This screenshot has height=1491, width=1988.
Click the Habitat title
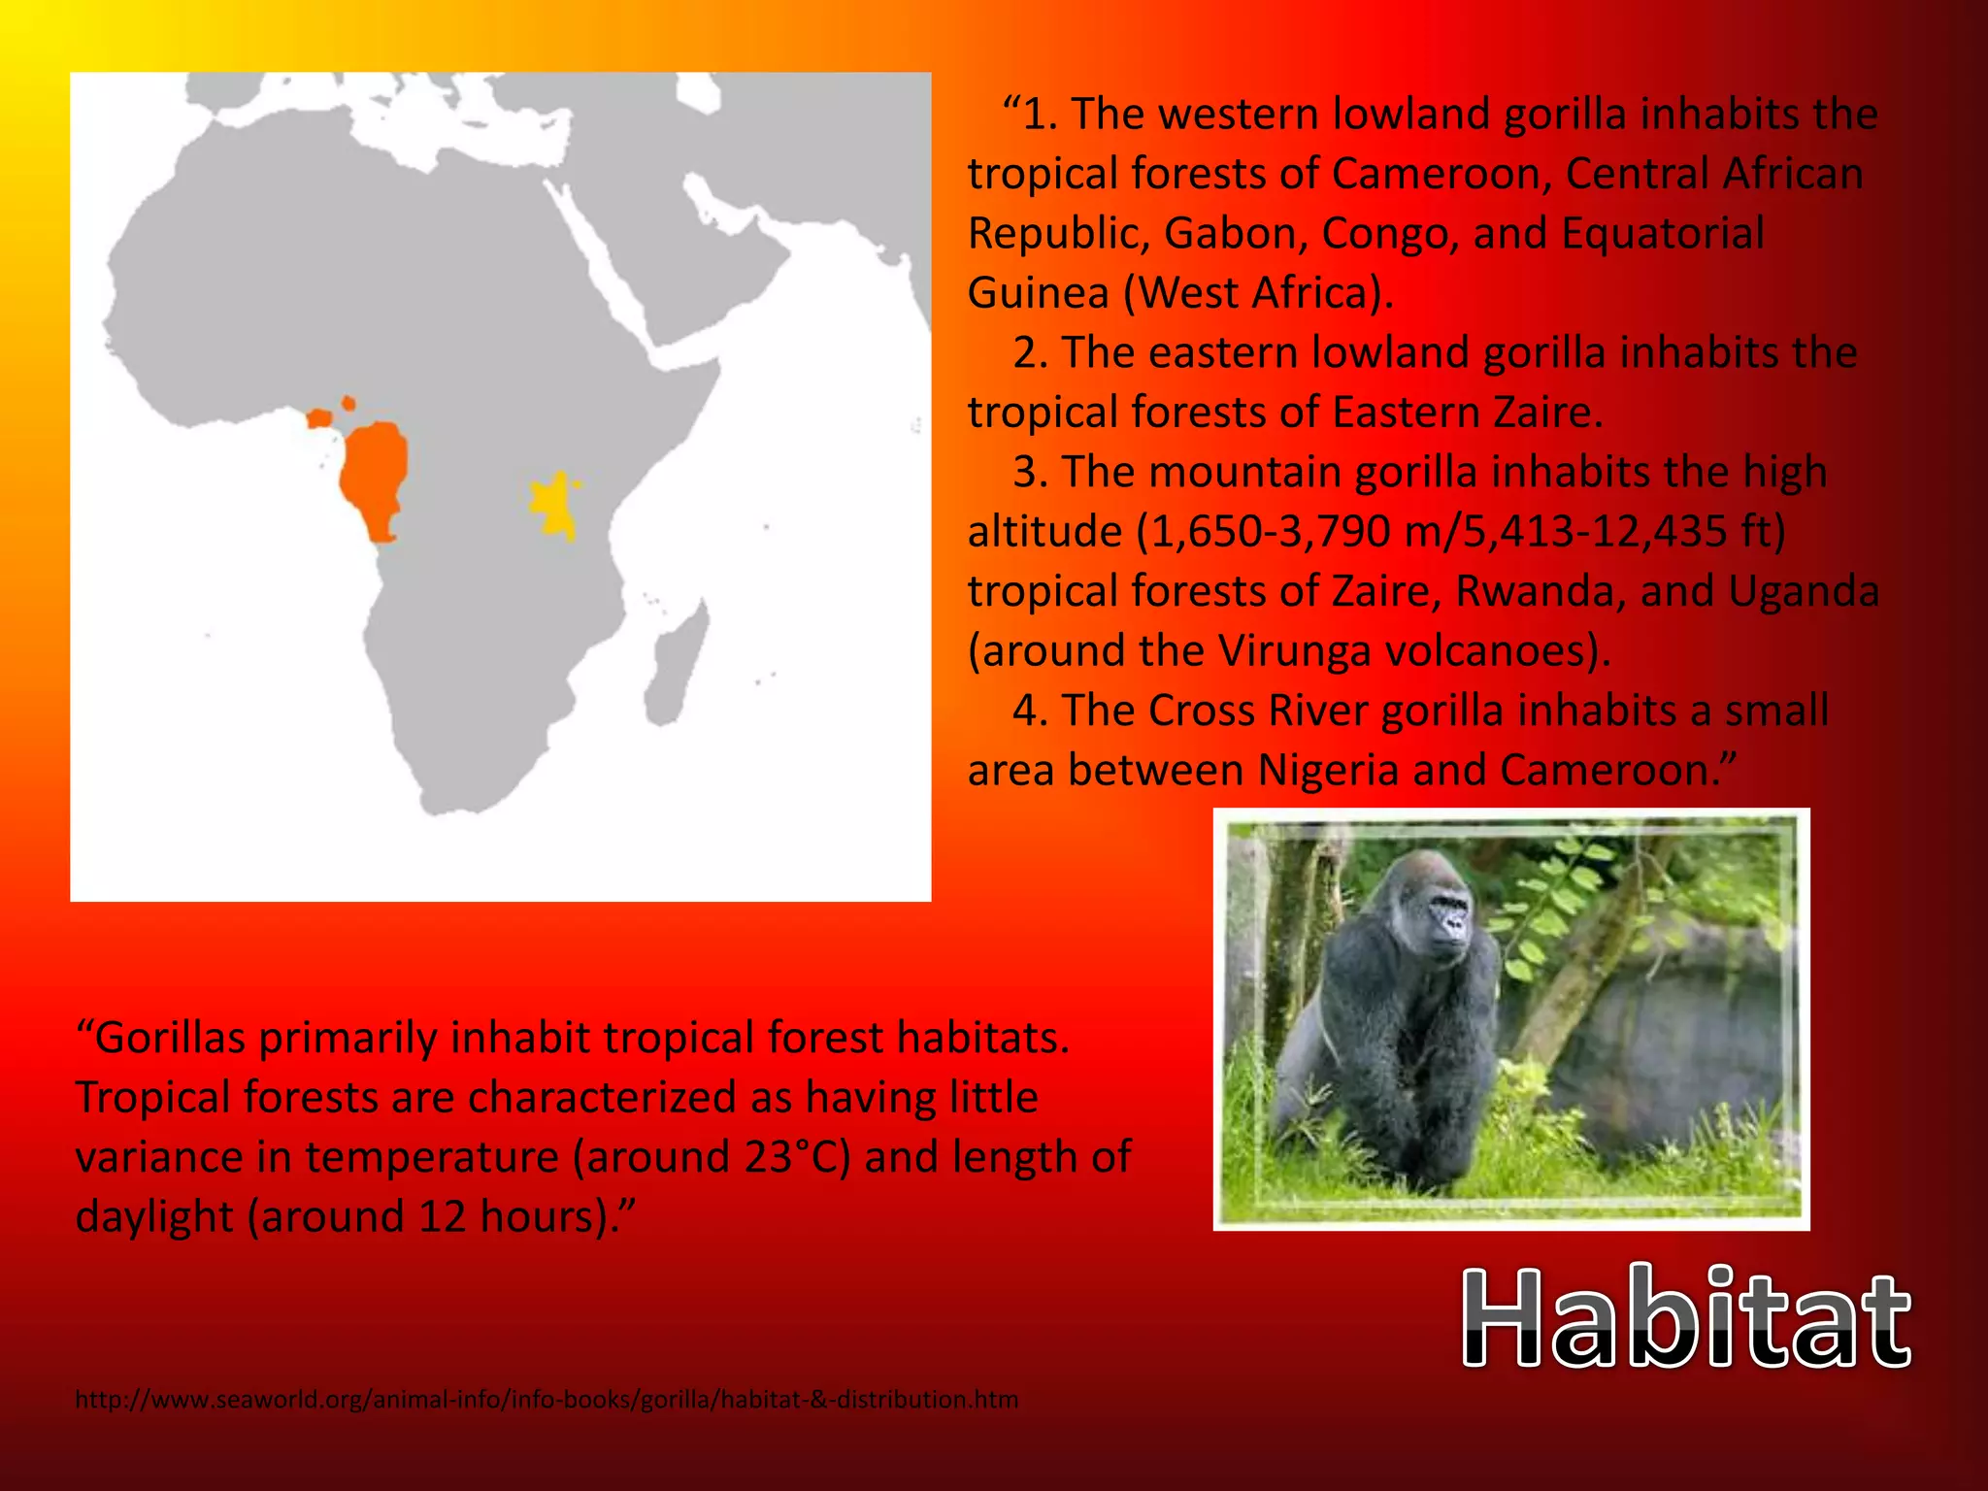[1686, 1318]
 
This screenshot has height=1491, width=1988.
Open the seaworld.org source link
[547, 1400]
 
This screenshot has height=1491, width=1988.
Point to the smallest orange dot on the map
[348, 403]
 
